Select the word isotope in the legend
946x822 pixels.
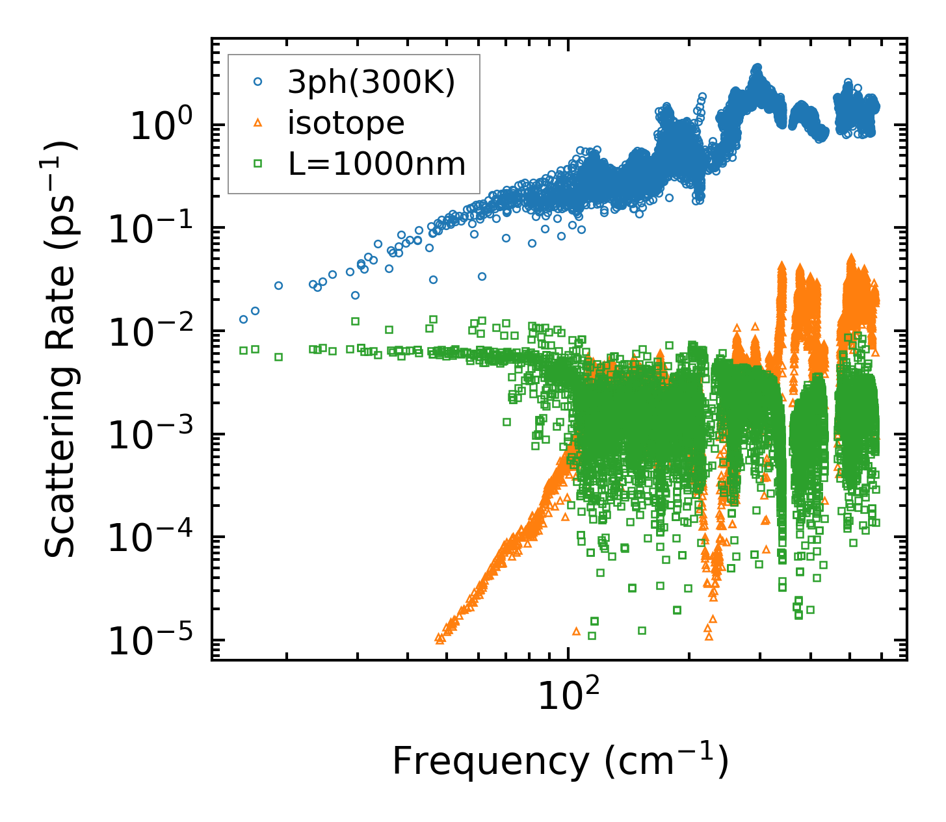(x=346, y=123)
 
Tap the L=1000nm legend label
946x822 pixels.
(x=377, y=164)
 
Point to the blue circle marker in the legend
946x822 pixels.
(x=258, y=82)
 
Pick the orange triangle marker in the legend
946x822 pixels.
(x=258, y=123)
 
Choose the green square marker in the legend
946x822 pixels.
(x=258, y=164)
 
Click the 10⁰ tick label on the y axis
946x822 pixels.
(x=160, y=126)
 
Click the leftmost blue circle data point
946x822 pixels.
(x=243, y=319)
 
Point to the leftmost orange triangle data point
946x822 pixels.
(x=438, y=639)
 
